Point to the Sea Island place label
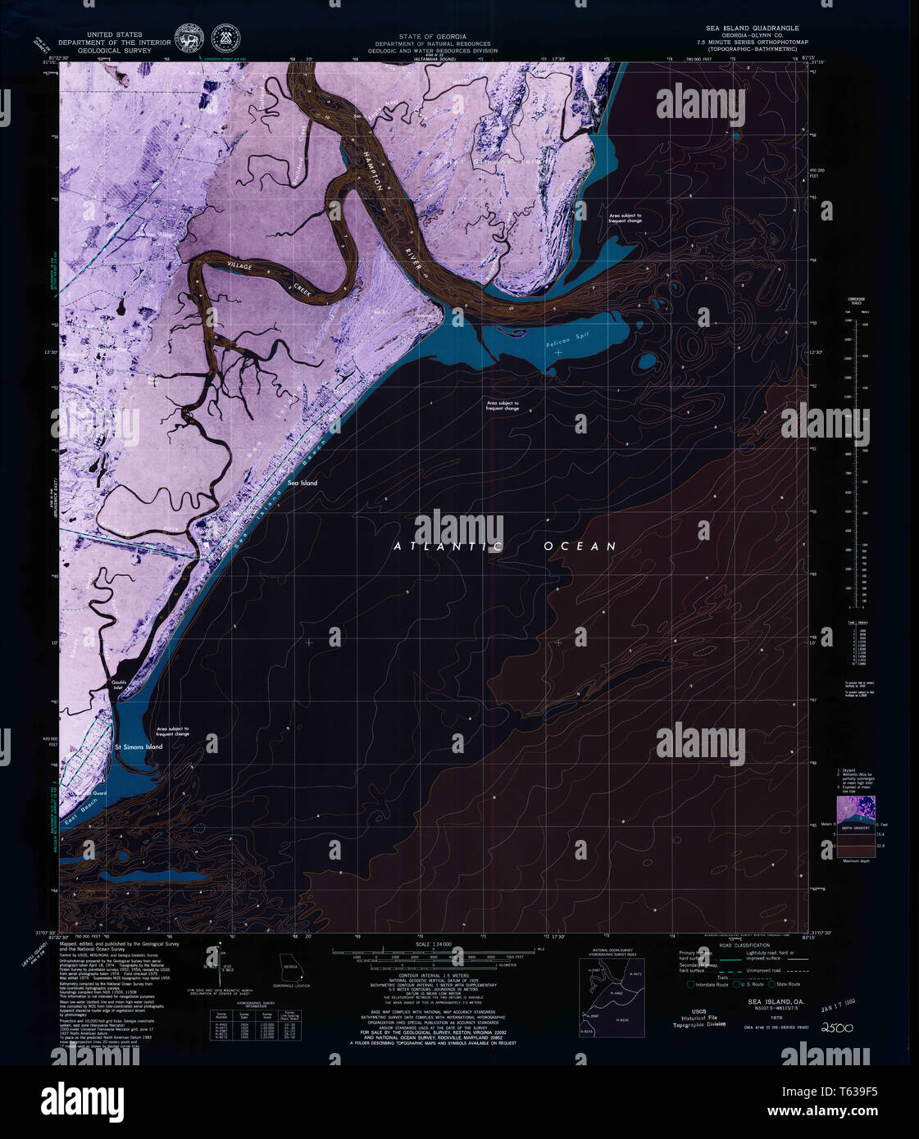coord(302,483)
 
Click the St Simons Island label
coord(138,747)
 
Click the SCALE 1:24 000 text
coord(433,945)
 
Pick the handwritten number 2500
coord(837,1028)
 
